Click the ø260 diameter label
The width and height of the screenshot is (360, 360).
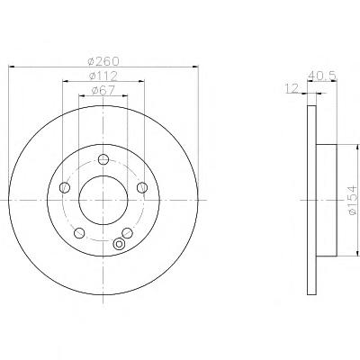click(x=103, y=61)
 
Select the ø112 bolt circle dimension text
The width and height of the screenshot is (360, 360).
click(x=103, y=76)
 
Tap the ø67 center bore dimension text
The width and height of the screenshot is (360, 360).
click(x=103, y=90)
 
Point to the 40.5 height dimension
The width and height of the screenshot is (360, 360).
click(x=322, y=76)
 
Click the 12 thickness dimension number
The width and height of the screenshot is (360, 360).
click(x=292, y=88)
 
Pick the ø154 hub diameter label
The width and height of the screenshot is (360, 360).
click(x=353, y=200)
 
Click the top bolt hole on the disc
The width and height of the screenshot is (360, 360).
click(x=103, y=159)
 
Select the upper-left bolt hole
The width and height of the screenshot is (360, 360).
click(x=65, y=188)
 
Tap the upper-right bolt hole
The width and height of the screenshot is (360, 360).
click(x=142, y=188)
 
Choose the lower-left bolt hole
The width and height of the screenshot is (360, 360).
click(x=79, y=233)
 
